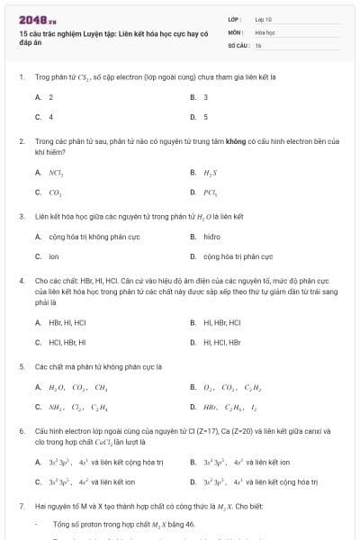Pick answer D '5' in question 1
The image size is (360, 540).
pyautogui.click(x=205, y=116)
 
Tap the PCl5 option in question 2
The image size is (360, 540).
pyautogui.click(x=211, y=191)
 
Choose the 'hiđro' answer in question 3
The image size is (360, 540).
pyautogui.click(x=212, y=237)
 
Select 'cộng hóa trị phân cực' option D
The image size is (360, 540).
pyautogui.click(x=238, y=256)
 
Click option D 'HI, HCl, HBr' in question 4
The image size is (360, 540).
pyautogui.click(x=222, y=342)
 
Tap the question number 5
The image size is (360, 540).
pyautogui.click(x=22, y=366)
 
